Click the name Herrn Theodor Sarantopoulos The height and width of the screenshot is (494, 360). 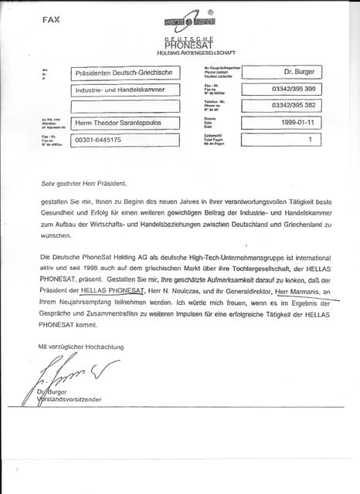(x=124, y=123)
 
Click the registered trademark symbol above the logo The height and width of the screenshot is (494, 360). (x=210, y=13)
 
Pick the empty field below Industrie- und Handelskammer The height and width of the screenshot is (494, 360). (x=124, y=106)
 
